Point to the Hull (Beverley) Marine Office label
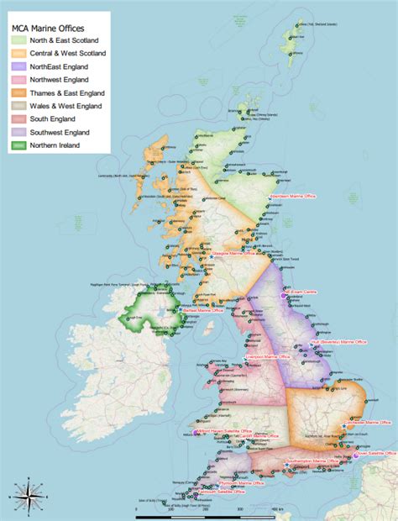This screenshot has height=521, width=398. point(339,343)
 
